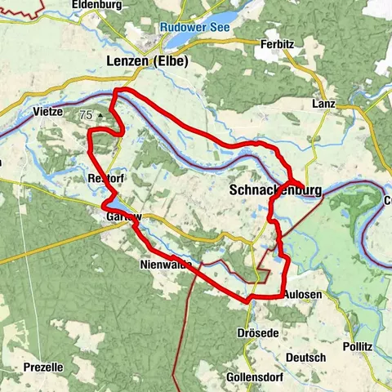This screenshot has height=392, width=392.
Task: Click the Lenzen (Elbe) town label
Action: point(148,60)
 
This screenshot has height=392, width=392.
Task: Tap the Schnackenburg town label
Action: point(276,190)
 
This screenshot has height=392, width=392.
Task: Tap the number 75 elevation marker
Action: point(87,116)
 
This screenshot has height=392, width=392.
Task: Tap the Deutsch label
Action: point(306,358)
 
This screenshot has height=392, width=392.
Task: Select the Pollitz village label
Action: point(358,346)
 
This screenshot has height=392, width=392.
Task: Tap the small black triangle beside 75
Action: point(100,117)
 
